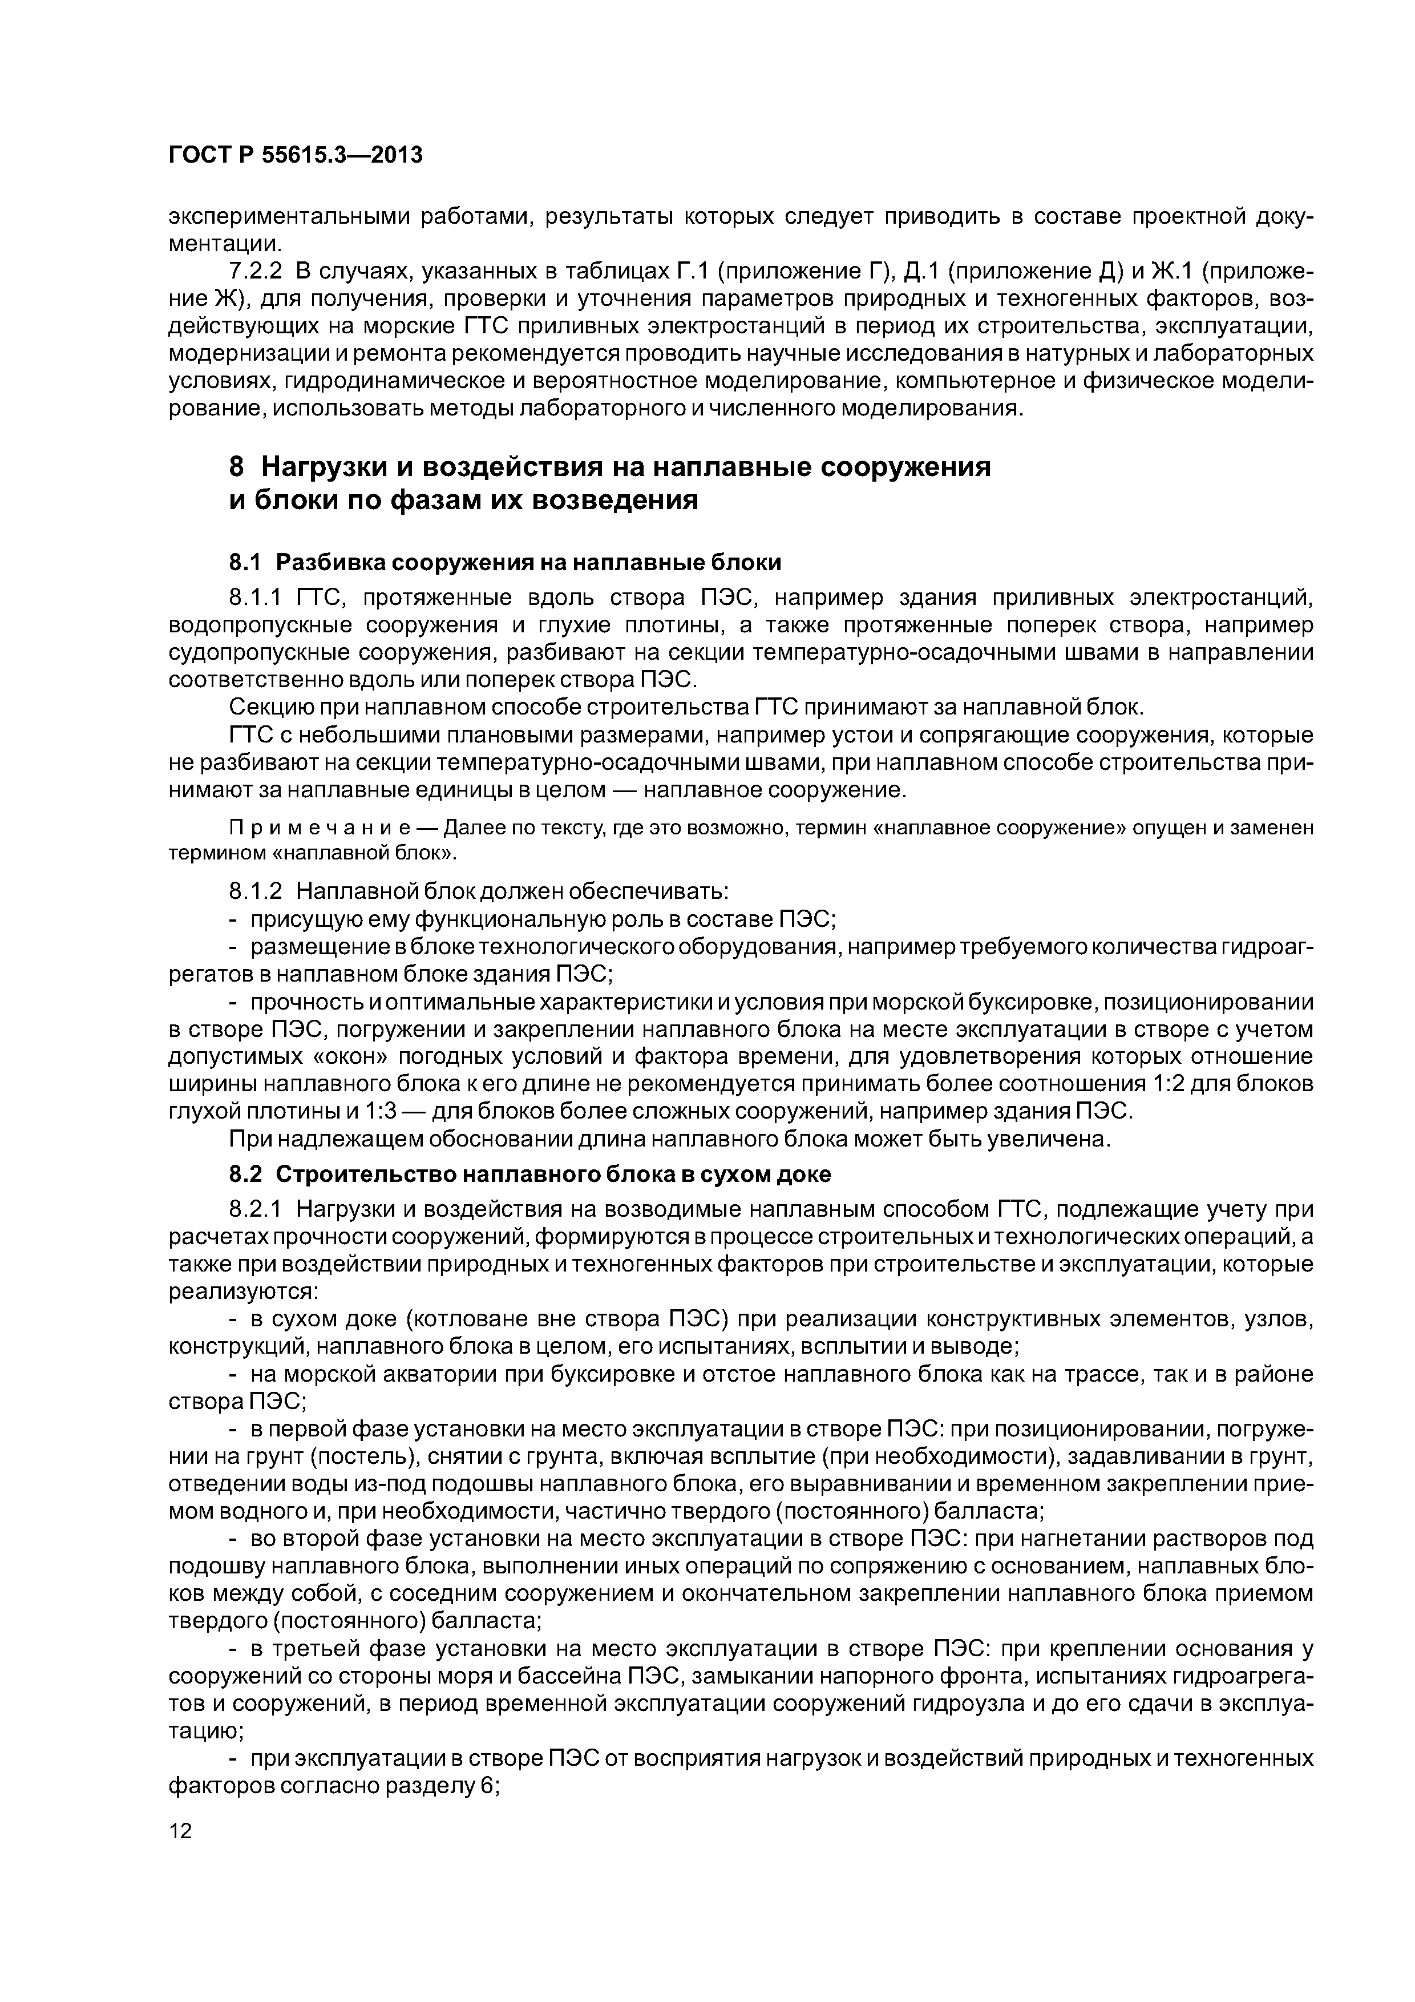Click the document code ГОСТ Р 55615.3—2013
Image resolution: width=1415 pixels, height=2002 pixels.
click(x=294, y=155)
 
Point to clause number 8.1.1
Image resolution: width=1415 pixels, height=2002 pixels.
click(x=256, y=598)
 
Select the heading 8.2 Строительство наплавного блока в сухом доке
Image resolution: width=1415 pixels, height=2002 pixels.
click(x=530, y=1174)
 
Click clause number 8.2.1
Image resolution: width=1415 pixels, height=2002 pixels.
click(x=256, y=1209)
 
